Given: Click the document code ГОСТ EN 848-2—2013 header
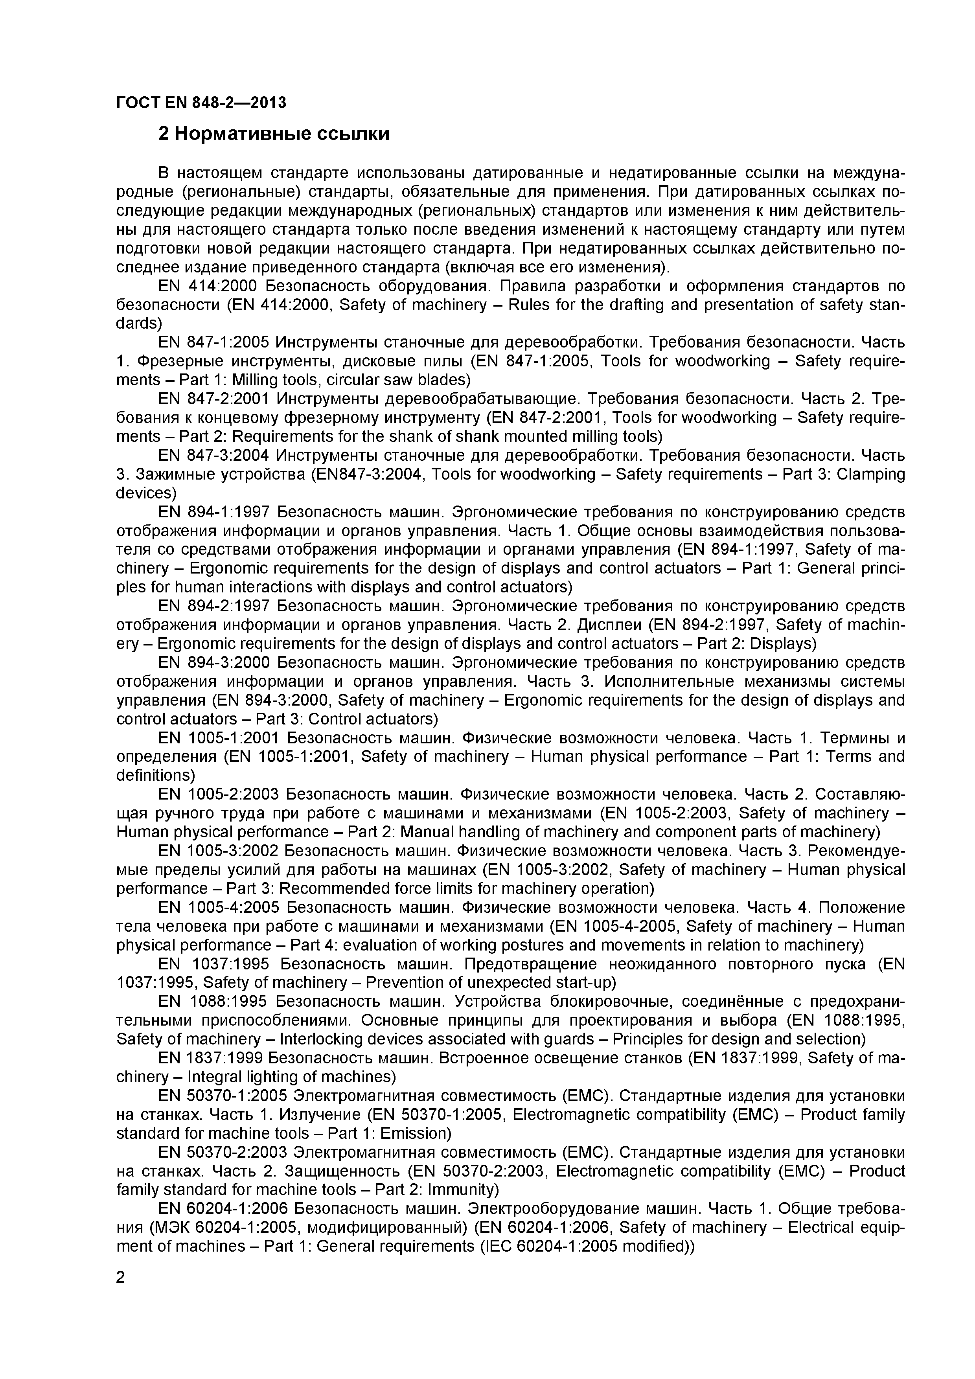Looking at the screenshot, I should (x=201, y=103).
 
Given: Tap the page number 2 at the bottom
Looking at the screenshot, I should (x=120, y=1278).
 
